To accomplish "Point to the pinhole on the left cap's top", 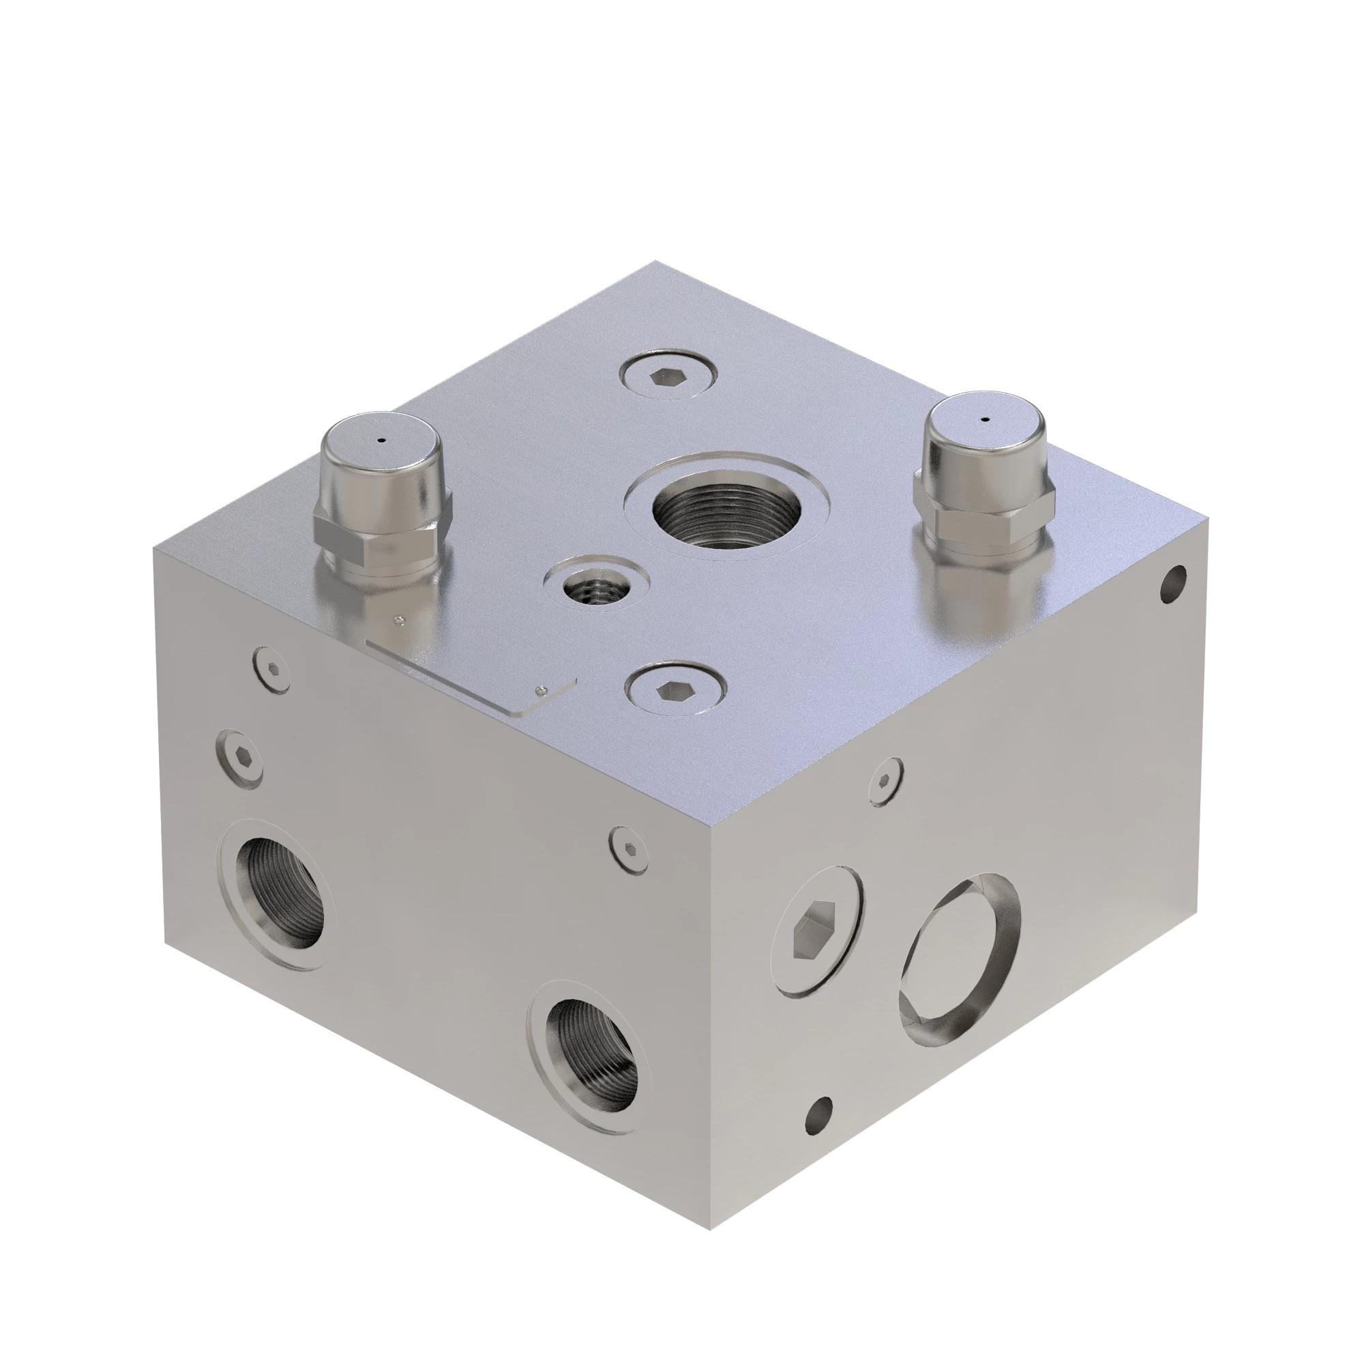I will pyautogui.click(x=381, y=441).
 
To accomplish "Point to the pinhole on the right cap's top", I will pyautogui.click(x=985, y=419).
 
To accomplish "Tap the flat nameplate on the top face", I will pyautogui.click(x=469, y=670).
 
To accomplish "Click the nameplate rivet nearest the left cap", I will pyautogui.click(x=400, y=620).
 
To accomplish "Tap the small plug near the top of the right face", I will pyautogui.click(x=886, y=780).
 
